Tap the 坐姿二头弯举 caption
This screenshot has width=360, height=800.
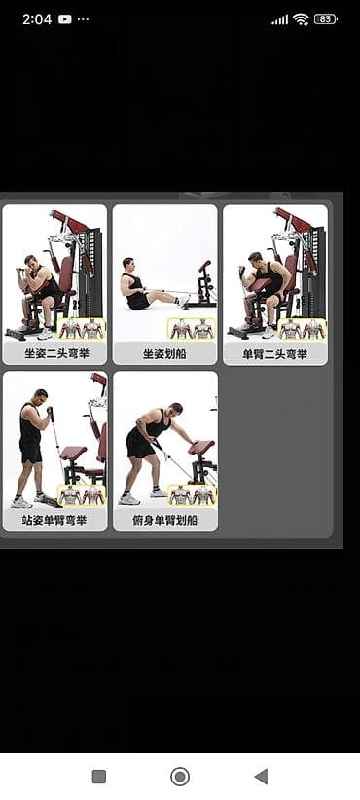(56, 353)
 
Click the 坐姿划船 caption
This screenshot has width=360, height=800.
(164, 353)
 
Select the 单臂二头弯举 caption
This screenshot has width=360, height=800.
(274, 353)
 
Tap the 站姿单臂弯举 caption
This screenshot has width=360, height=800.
(55, 521)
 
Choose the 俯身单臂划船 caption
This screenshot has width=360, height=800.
(164, 521)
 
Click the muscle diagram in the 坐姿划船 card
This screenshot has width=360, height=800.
(192, 329)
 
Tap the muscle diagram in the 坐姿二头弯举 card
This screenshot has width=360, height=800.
(82, 329)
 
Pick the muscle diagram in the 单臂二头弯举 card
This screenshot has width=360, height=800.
(302, 329)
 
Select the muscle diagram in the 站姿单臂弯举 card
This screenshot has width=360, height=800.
(82, 495)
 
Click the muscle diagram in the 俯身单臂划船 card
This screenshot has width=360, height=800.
(192, 495)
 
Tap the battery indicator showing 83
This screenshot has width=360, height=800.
(326, 19)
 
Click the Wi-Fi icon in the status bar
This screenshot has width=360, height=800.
(301, 19)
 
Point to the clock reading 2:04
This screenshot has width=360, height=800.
(37, 19)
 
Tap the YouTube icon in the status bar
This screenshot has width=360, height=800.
(65, 19)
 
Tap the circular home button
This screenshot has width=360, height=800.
(179, 777)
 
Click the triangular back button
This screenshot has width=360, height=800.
(261, 777)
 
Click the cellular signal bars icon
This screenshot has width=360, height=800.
(279, 19)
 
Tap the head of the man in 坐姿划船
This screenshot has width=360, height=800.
(128, 264)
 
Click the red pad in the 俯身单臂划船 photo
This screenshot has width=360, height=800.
(201, 448)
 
